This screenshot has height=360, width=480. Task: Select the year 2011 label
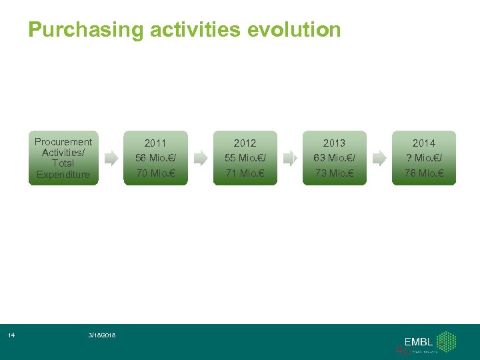click(x=155, y=143)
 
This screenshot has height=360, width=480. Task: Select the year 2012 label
click(x=245, y=143)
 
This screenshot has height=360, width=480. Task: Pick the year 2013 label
click(x=334, y=143)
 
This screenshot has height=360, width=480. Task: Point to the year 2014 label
click(x=423, y=143)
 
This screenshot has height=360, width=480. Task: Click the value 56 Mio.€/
click(x=155, y=158)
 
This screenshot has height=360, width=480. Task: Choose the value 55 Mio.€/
click(x=245, y=158)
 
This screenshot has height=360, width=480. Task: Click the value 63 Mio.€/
click(x=334, y=158)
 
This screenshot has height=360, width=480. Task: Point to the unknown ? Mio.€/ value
click(x=423, y=158)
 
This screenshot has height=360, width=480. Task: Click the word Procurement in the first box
click(x=63, y=141)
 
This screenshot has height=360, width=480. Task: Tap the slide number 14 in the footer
click(x=11, y=335)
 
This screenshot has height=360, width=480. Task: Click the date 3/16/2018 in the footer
click(x=102, y=335)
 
